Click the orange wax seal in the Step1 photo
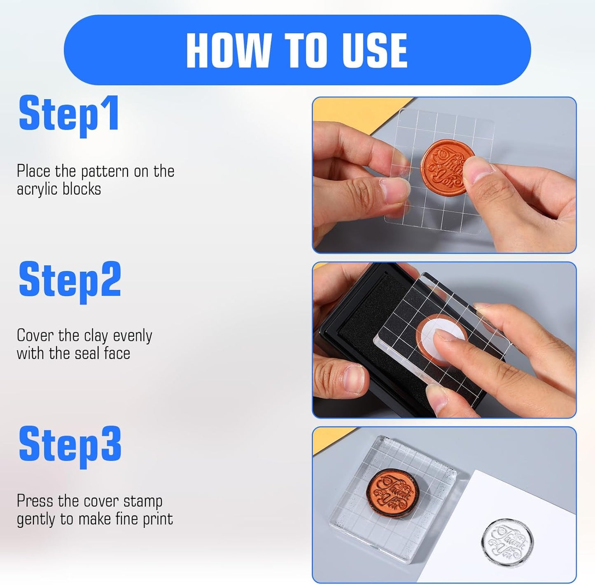445,167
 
